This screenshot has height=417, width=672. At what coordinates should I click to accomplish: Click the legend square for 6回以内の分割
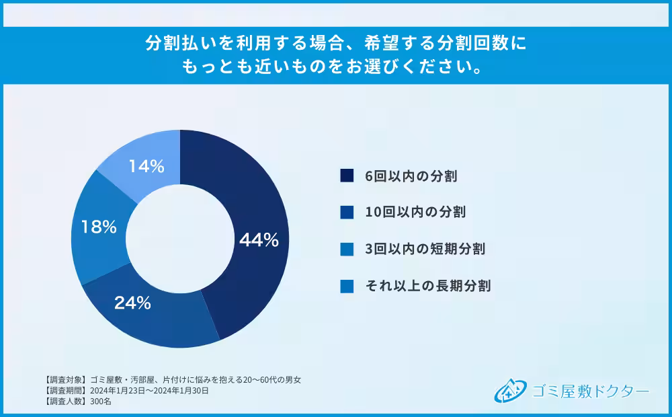coord(347,176)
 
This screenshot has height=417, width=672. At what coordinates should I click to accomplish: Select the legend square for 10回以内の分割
coord(347,212)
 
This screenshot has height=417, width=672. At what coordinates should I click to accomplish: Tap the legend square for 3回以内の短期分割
coord(347,249)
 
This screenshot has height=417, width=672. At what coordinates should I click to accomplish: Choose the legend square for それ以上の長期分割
coord(347,286)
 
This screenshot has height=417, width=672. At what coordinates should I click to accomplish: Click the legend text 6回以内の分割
coord(411,176)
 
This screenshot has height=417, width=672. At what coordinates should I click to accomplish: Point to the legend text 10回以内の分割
coord(415,213)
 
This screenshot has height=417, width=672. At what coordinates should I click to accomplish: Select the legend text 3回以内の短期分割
coord(425,249)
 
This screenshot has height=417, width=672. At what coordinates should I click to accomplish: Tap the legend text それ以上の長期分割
coord(428,286)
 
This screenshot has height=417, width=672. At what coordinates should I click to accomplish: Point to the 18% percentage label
coord(99,227)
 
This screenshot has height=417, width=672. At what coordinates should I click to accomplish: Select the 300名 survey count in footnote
coord(100,402)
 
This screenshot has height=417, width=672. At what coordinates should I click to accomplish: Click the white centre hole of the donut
coord(179,239)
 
